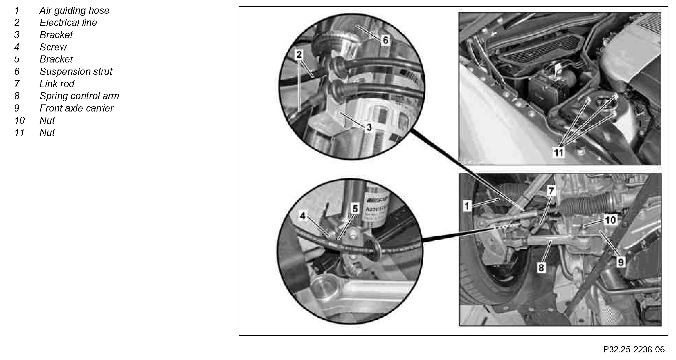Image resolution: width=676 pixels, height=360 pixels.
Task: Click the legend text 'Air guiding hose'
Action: [x=74, y=11]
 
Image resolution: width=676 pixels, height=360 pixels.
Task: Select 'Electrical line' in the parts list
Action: [x=68, y=23]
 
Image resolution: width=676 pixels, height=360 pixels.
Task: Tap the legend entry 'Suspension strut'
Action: [x=76, y=72]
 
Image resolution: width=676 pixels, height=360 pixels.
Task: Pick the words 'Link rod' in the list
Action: [x=57, y=84]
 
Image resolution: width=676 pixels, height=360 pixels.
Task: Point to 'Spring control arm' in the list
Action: [x=79, y=96]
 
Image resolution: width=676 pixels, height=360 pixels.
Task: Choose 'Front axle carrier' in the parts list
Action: [x=76, y=108]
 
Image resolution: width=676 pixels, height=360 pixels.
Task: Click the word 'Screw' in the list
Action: [x=53, y=47]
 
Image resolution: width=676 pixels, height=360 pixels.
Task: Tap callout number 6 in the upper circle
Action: [x=385, y=40]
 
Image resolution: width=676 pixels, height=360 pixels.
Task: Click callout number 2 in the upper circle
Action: [x=299, y=55]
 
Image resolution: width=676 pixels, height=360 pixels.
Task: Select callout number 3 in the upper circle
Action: [x=369, y=127]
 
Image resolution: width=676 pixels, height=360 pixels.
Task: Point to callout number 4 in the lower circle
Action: [x=303, y=216]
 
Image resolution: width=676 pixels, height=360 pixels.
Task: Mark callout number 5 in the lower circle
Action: [x=355, y=209]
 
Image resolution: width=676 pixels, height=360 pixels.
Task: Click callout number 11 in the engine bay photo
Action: [x=558, y=153]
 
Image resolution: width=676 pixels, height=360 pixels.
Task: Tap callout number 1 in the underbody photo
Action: [x=467, y=206]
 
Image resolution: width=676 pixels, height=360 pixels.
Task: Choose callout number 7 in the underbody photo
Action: [x=551, y=191]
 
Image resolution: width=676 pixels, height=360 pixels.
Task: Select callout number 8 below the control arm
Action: [x=541, y=267]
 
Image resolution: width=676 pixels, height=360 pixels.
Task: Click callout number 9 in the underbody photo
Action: [x=621, y=262]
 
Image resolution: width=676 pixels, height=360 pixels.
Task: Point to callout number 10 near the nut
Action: [x=611, y=220]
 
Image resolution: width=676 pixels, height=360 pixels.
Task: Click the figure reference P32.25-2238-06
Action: [x=634, y=349]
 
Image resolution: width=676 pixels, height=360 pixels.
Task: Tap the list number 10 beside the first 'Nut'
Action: [x=20, y=121]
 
